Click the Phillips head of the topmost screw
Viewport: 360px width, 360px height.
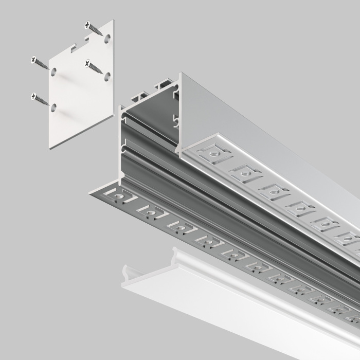click(88, 24)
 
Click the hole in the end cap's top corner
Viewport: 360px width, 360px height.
click(107, 38)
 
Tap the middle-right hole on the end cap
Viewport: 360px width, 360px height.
click(107, 77)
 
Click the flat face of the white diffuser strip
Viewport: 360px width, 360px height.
click(231, 309)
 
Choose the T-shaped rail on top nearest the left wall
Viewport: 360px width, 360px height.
click(137, 97)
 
